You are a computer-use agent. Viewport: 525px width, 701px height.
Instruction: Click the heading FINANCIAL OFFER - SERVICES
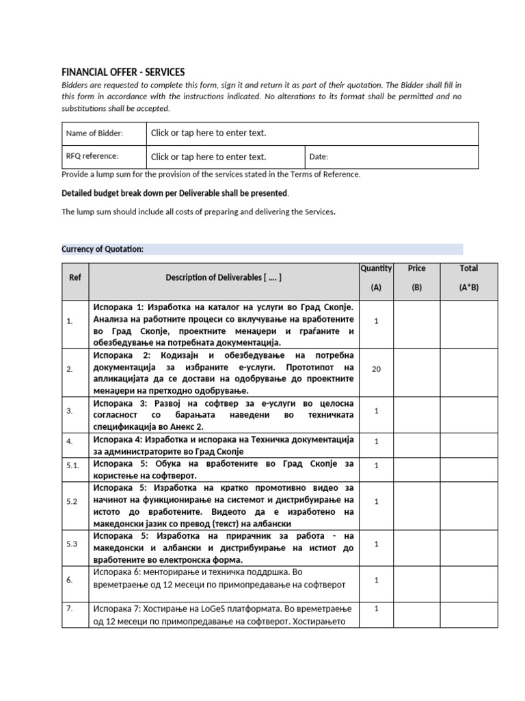[123, 72]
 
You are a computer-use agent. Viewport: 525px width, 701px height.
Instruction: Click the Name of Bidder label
[94, 133]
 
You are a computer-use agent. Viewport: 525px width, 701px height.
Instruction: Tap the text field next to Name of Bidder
[208, 133]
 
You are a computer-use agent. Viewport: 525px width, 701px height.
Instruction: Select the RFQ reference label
[92, 156]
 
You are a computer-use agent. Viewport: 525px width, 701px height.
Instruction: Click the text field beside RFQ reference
[208, 157]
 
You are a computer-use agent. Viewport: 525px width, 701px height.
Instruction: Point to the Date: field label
[319, 157]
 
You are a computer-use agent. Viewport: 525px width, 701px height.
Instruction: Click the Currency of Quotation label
[103, 249]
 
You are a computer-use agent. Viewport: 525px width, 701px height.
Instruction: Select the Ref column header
[75, 278]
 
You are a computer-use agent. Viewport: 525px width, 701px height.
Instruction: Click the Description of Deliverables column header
[224, 278]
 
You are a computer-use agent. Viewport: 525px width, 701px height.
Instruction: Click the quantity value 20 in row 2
[376, 370]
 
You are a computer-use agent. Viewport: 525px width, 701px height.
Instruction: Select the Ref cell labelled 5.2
[72, 502]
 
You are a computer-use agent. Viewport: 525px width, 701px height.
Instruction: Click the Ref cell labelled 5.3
[72, 544]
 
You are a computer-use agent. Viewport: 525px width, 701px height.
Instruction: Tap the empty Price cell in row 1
[416, 321]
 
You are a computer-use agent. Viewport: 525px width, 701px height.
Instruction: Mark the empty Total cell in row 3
[468, 411]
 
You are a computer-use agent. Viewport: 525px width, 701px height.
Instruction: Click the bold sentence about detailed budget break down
[175, 194]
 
